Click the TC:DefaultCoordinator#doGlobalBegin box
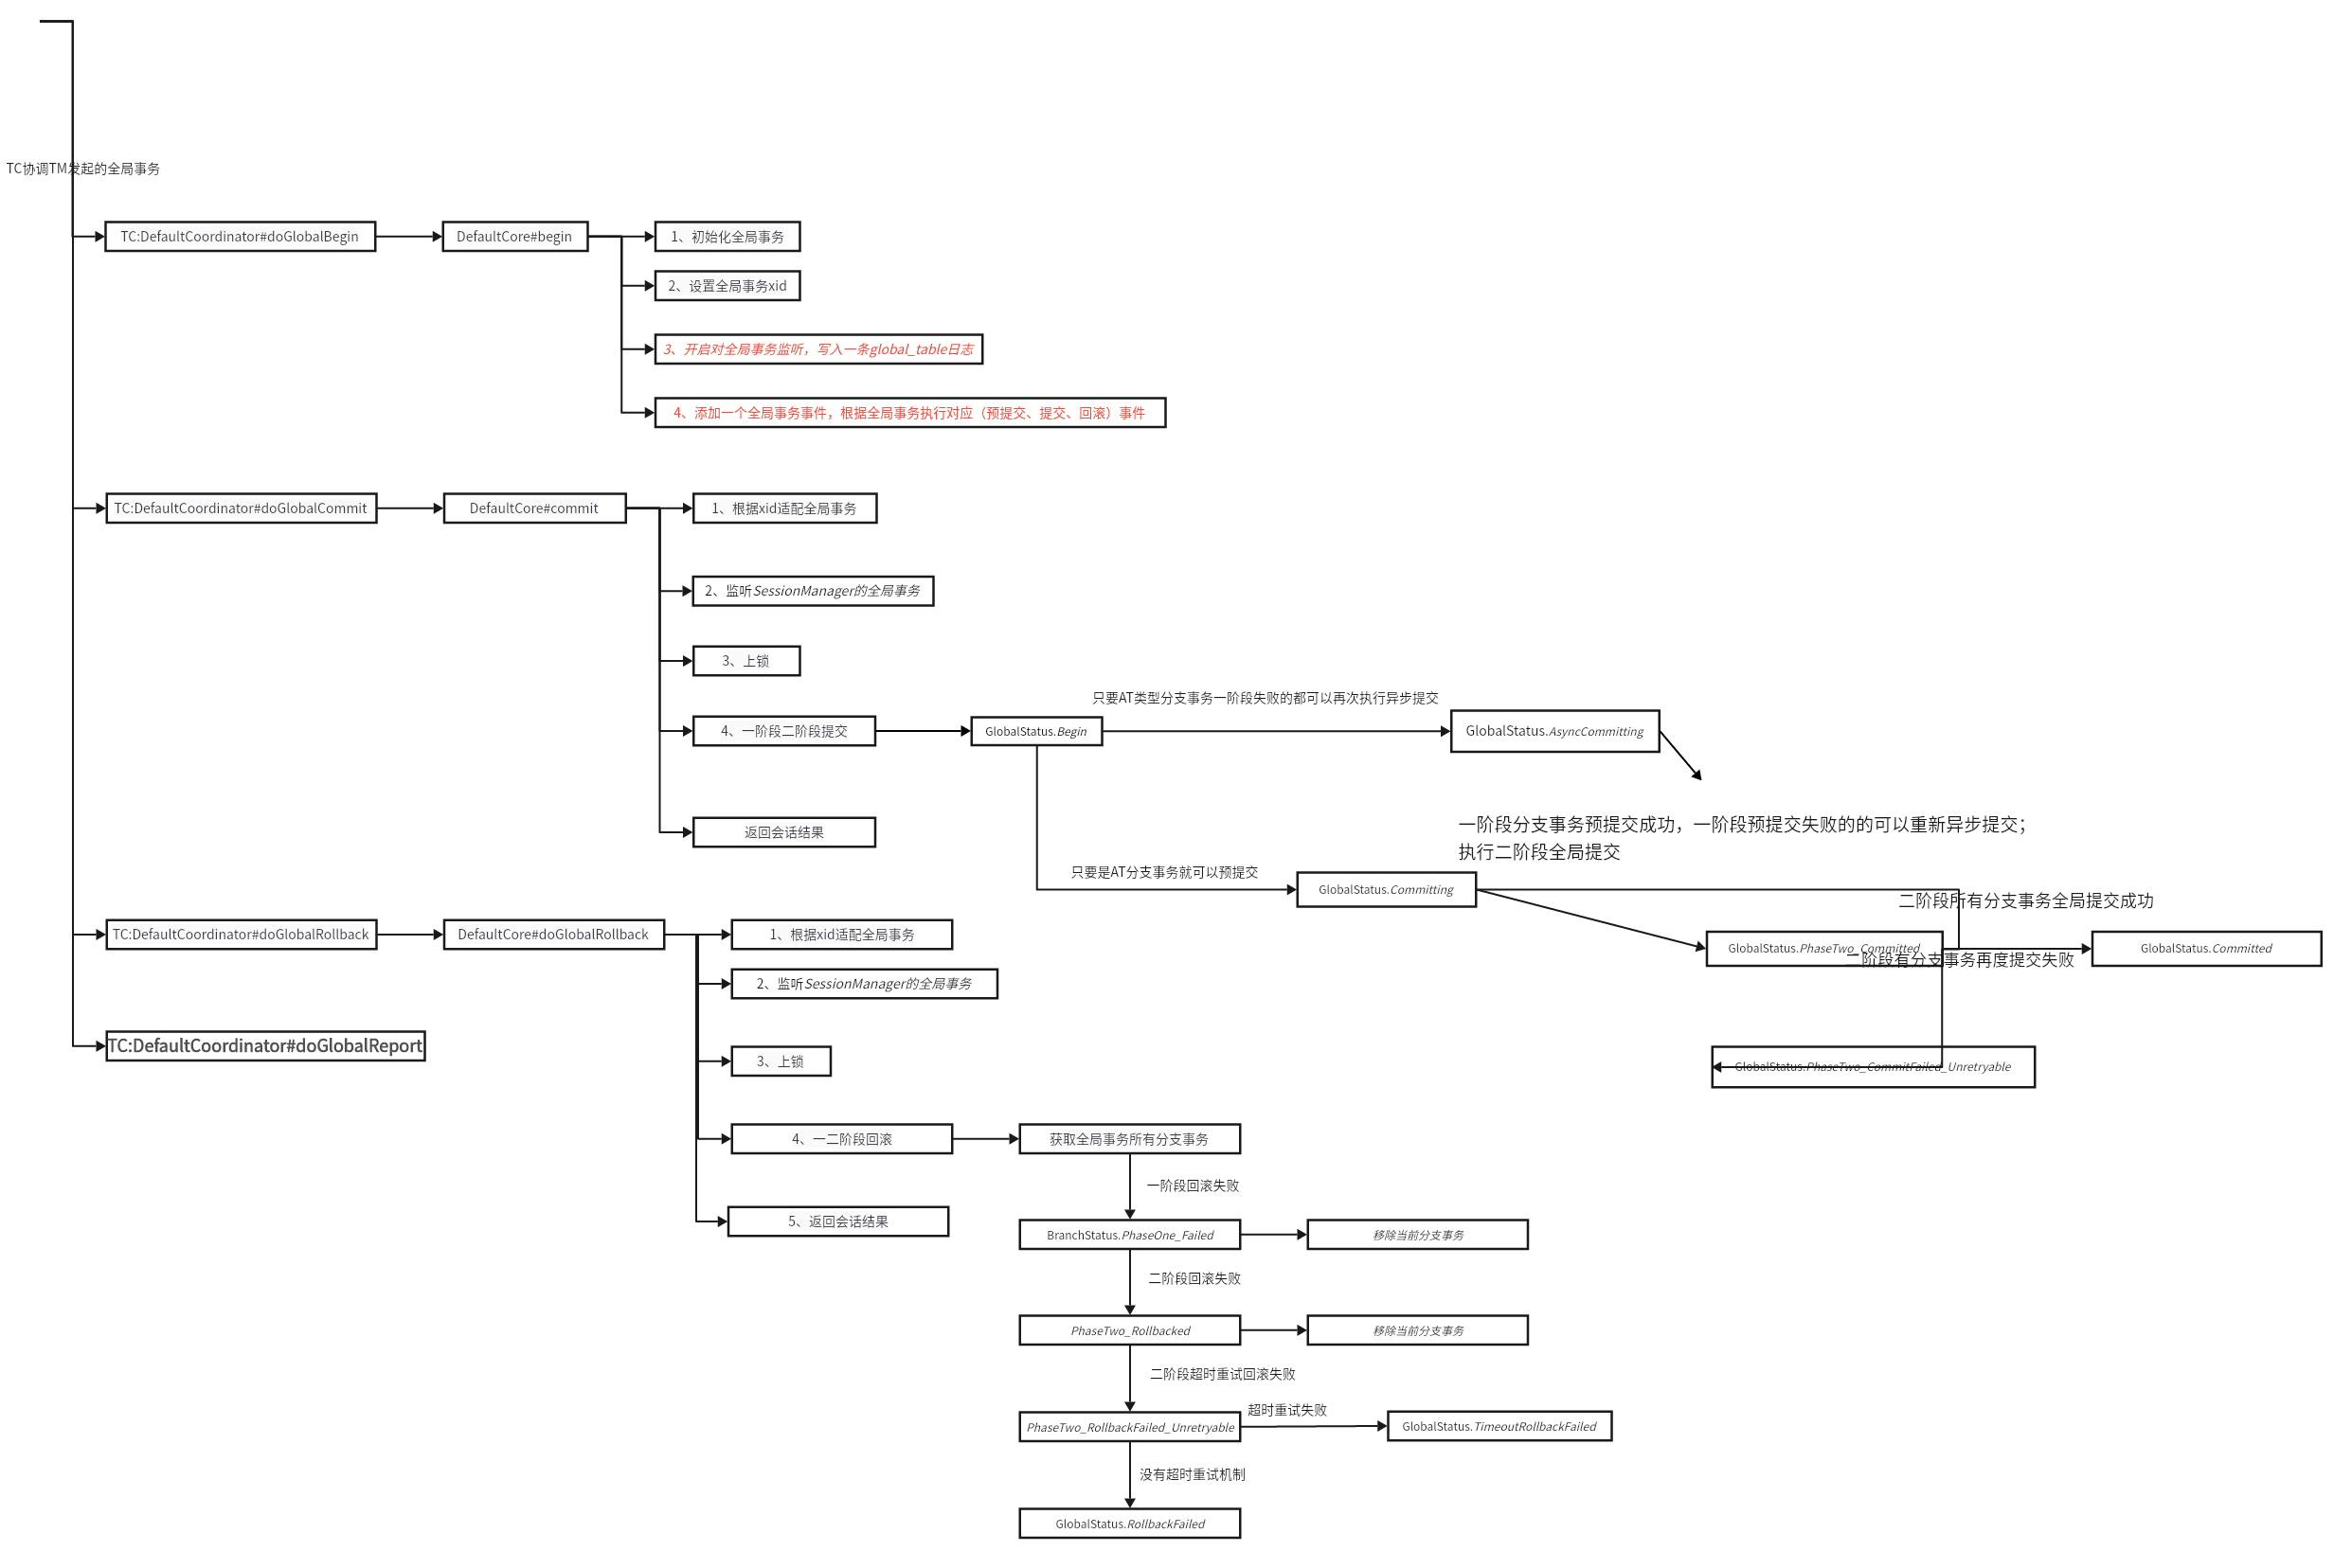(x=240, y=237)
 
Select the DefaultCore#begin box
(x=514, y=237)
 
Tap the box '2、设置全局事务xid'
(x=727, y=286)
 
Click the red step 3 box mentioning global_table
(x=818, y=349)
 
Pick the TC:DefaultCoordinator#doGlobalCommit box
(x=241, y=508)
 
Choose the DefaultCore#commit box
(x=534, y=508)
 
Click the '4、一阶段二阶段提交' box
(x=783, y=731)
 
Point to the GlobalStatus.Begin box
(x=1036, y=731)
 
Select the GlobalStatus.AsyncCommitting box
(x=1554, y=731)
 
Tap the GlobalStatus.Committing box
(x=1386, y=889)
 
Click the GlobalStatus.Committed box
(x=2205, y=948)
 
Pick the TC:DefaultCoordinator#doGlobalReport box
(x=265, y=1045)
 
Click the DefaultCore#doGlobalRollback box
(x=553, y=934)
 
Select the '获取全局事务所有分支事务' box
(x=1129, y=1138)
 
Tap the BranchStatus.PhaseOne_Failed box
(x=1129, y=1235)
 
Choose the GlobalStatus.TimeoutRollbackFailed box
(x=1499, y=1426)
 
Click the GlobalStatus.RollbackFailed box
(x=1129, y=1524)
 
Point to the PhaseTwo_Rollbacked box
(x=1129, y=1330)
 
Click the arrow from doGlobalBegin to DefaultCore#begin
(x=408, y=237)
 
